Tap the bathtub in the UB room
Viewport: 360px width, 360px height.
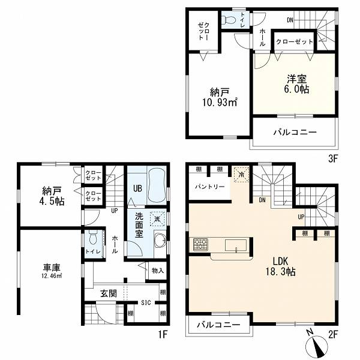[157, 185]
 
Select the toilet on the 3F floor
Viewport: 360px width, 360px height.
[229, 20]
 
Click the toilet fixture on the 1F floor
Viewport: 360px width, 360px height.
[93, 237]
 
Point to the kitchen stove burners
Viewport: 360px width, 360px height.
[200, 245]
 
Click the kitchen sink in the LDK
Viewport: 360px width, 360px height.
[236, 245]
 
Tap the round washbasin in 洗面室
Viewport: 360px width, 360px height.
[160, 241]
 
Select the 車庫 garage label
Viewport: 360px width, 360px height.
[52, 271]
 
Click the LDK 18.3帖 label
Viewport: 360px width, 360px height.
[281, 266]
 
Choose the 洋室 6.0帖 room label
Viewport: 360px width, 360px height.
[296, 84]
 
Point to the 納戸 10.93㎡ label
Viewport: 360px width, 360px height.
[220, 97]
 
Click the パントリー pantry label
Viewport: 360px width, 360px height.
[209, 187]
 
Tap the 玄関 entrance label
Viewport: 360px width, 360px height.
[109, 293]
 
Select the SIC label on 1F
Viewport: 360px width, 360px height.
[146, 303]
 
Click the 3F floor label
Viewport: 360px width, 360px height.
[333, 159]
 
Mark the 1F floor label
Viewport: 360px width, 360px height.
[163, 334]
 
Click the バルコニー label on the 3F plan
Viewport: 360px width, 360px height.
[295, 132]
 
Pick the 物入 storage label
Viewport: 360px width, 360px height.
[158, 271]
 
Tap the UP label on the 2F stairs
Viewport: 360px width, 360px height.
[301, 217]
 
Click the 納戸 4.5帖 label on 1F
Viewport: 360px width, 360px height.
[53, 196]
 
